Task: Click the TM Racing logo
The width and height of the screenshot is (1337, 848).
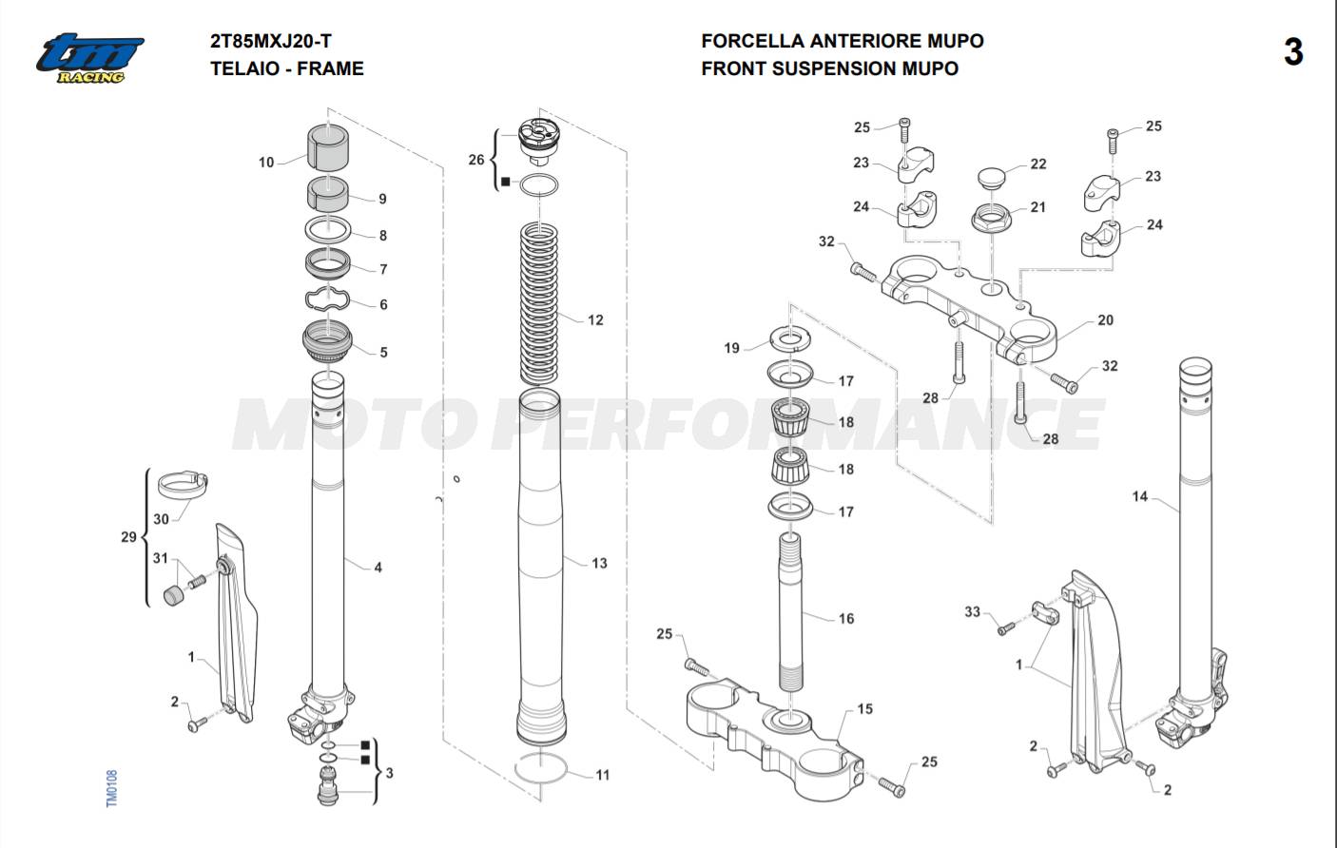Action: point(89,58)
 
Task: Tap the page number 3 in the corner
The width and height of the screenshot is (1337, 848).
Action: point(1292,52)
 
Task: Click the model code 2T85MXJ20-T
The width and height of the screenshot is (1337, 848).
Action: point(271,41)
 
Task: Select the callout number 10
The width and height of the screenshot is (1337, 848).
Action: point(266,163)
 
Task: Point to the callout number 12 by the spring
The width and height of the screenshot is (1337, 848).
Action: point(595,320)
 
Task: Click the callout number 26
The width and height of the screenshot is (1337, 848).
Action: point(476,160)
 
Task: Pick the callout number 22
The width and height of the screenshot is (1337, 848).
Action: point(1038,164)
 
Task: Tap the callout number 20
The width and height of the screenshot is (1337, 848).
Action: point(1105,320)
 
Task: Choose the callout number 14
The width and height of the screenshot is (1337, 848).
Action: point(1140,496)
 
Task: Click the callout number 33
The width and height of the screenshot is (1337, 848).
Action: point(972,611)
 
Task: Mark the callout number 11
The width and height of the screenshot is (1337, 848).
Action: point(603,775)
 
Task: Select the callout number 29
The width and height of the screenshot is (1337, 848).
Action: point(128,537)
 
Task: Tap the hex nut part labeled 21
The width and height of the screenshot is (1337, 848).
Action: point(991,218)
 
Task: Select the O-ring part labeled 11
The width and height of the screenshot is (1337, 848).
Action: point(541,768)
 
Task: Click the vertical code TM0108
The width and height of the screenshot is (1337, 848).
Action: point(111,789)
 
